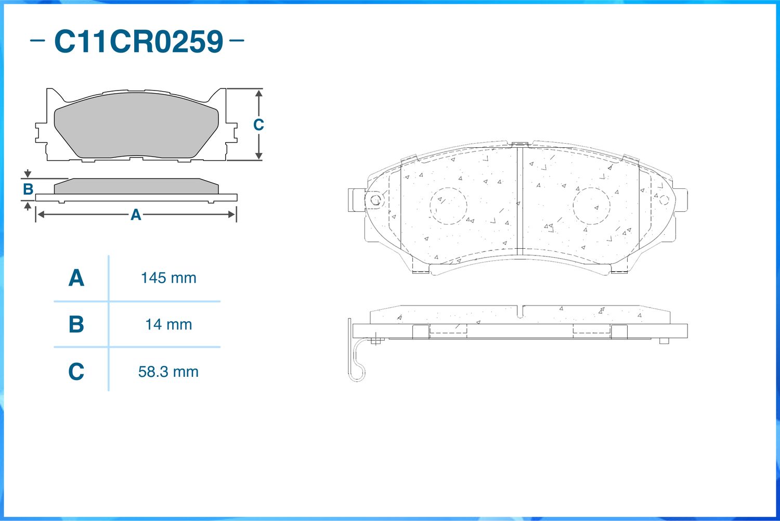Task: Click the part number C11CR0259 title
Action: pyautogui.click(x=139, y=42)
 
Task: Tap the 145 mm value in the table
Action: pyautogui.click(x=168, y=278)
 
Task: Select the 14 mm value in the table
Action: pyautogui.click(x=168, y=325)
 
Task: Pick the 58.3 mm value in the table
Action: pyautogui.click(x=168, y=372)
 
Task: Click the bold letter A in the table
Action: pyautogui.click(x=76, y=278)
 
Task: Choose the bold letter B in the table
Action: pyautogui.click(x=76, y=324)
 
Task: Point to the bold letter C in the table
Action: pyautogui.click(x=76, y=372)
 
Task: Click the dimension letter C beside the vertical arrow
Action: pyautogui.click(x=258, y=125)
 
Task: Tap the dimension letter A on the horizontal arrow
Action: pyautogui.click(x=136, y=215)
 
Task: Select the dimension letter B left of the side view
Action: pyautogui.click(x=28, y=189)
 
